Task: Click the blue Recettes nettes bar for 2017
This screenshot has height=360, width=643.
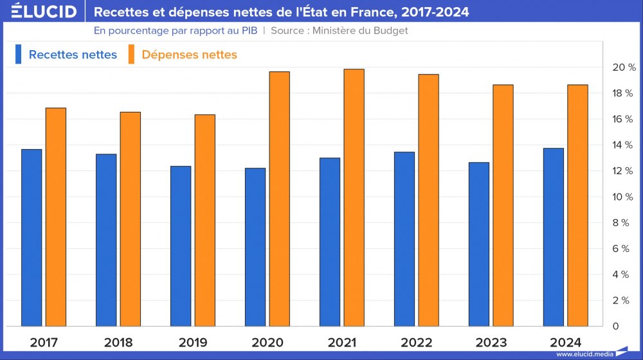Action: click(x=32, y=238)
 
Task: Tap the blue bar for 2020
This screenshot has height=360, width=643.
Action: click(x=255, y=247)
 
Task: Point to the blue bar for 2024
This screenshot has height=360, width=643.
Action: click(x=554, y=237)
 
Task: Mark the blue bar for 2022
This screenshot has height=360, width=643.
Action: click(x=404, y=239)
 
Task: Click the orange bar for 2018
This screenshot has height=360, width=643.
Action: click(x=130, y=219)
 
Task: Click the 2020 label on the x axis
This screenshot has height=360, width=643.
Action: click(x=267, y=342)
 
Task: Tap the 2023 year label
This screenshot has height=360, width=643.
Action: click(x=491, y=342)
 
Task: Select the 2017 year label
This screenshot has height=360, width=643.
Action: click(x=43, y=342)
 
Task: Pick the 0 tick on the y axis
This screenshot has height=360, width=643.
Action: click(x=615, y=327)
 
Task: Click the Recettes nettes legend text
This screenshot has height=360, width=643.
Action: click(x=73, y=55)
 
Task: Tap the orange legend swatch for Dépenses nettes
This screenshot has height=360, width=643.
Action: click(x=131, y=54)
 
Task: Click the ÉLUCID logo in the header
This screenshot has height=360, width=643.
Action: click(x=39, y=12)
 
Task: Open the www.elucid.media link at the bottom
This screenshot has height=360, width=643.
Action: click(x=584, y=354)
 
